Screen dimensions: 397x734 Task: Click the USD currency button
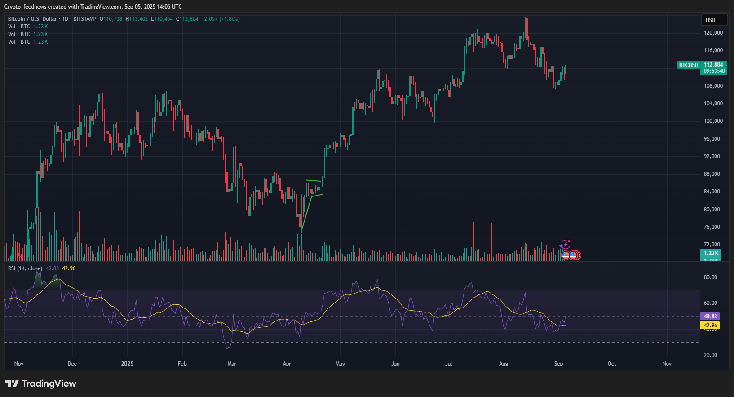(x=714, y=20)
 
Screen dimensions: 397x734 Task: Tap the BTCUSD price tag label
(x=688, y=65)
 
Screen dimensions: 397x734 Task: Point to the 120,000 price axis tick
(x=713, y=33)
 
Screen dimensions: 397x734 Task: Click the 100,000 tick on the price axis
(x=713, y=121)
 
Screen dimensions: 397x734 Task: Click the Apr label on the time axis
(x=287, y=364)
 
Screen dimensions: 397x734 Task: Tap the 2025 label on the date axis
(x=127, y=364)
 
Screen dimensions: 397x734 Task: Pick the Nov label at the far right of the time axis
(x=667, y=364)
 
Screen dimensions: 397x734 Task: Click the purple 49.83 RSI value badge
(x=710, y=317)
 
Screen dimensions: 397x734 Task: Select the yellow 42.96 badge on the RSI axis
(x=710, y=326)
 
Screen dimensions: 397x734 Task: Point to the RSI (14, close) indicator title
(x=25, y=268)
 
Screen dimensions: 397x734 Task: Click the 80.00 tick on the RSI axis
(x=710, y=277)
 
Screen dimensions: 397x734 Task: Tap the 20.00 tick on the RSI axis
(x=710, y=355)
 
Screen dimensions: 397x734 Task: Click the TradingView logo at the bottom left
(x=41, y=384)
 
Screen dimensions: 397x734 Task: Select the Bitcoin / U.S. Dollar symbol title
(x=32, y=19)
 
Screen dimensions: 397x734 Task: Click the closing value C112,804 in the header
(x=187, y=19)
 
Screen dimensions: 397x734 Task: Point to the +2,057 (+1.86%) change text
(x=220, y=19)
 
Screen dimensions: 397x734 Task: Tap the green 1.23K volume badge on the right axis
(x=711, y=253)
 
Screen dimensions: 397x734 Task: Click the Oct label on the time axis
(x=611, y=364)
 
